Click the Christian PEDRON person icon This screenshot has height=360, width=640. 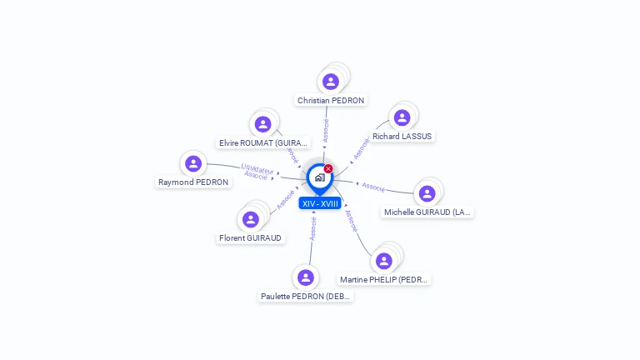click(331, 82)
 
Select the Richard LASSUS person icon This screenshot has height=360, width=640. click(402, 117)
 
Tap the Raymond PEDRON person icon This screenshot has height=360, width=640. click(193, 163)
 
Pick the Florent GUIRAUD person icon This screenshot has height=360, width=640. click(250, 219)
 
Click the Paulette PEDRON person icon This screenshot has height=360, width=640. click(306, 277)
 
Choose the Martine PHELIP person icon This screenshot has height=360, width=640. click(384, 261)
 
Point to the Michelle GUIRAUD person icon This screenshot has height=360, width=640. click(427, 193)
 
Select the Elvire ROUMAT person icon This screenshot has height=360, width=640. click(263, 124)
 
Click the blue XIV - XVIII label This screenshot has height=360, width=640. click(321, 203)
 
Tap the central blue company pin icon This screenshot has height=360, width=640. click(319, 177)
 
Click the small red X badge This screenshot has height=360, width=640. click(328, 168)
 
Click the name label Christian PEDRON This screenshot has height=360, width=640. click(331, 101)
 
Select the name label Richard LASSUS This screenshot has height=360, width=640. click(402, 136)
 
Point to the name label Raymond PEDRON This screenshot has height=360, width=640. click(193, 182)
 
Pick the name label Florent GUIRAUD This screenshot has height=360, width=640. click(251, 237)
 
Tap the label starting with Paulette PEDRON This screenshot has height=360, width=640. click(306, 296)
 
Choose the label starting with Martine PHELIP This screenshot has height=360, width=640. click(384, 279)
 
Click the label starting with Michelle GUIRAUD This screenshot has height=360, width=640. click(427, 212)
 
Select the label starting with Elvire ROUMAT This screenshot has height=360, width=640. click(263, 142)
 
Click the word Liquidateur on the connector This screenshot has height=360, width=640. click(258, 168)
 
